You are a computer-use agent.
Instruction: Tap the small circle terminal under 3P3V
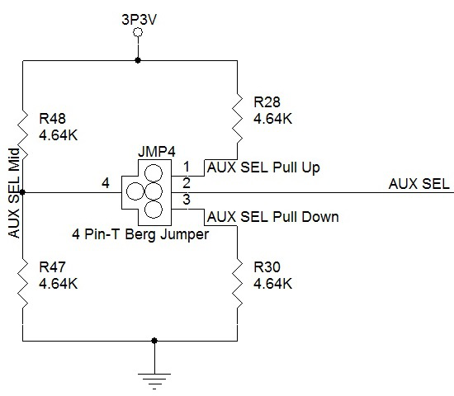click(x=138, y=32)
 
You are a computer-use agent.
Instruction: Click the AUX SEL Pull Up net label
click(x=263, y=167)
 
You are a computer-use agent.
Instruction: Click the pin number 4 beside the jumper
click(x=105, y=182)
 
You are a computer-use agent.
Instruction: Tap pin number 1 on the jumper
click(x=187, y=166)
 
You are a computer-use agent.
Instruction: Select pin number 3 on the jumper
click(x=187, y=200)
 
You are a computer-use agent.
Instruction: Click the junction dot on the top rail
click(x=138, y=60)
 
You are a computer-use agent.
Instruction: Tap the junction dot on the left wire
click(x=23, y=192)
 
